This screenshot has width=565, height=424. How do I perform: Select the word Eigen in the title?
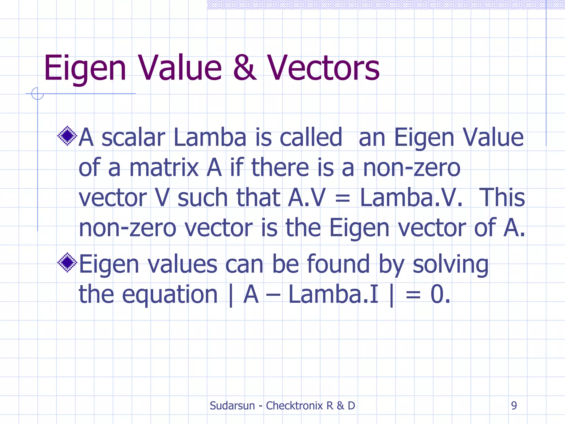coord(85,68)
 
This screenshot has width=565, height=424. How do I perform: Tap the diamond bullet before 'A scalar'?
coord(67,136)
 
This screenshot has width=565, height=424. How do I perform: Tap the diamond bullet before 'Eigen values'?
coord(67,263)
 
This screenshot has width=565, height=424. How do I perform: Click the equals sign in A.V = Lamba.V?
coord(342,198)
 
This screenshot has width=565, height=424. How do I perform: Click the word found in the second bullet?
coord(338,264)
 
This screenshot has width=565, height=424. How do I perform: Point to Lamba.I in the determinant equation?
coord(333,295)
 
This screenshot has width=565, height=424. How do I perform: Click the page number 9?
coord(514,406)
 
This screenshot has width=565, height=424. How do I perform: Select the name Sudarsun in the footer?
coord(232,406)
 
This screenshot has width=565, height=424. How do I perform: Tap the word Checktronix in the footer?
coord(294,406)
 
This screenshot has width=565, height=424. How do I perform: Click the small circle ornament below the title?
coord(38,94)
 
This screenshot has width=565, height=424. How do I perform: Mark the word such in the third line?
coord(202,198)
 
